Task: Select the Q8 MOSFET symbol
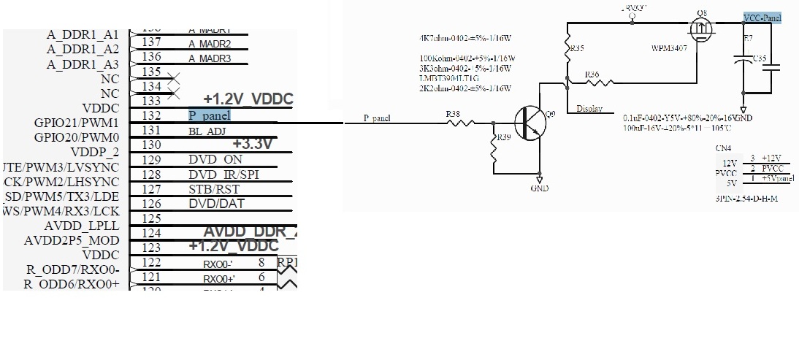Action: tap(702, 28)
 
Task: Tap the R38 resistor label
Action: tap(453, 114)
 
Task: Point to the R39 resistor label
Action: tap(504, 138)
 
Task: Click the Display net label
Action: tap(589, 109)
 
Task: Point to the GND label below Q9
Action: tap(540, 188)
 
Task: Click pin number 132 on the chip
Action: tap(151, 115)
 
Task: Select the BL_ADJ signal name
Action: tap(207, 130)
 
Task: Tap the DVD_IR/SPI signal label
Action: tap(223, 175)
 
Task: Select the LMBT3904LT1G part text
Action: tap(449, 77)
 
